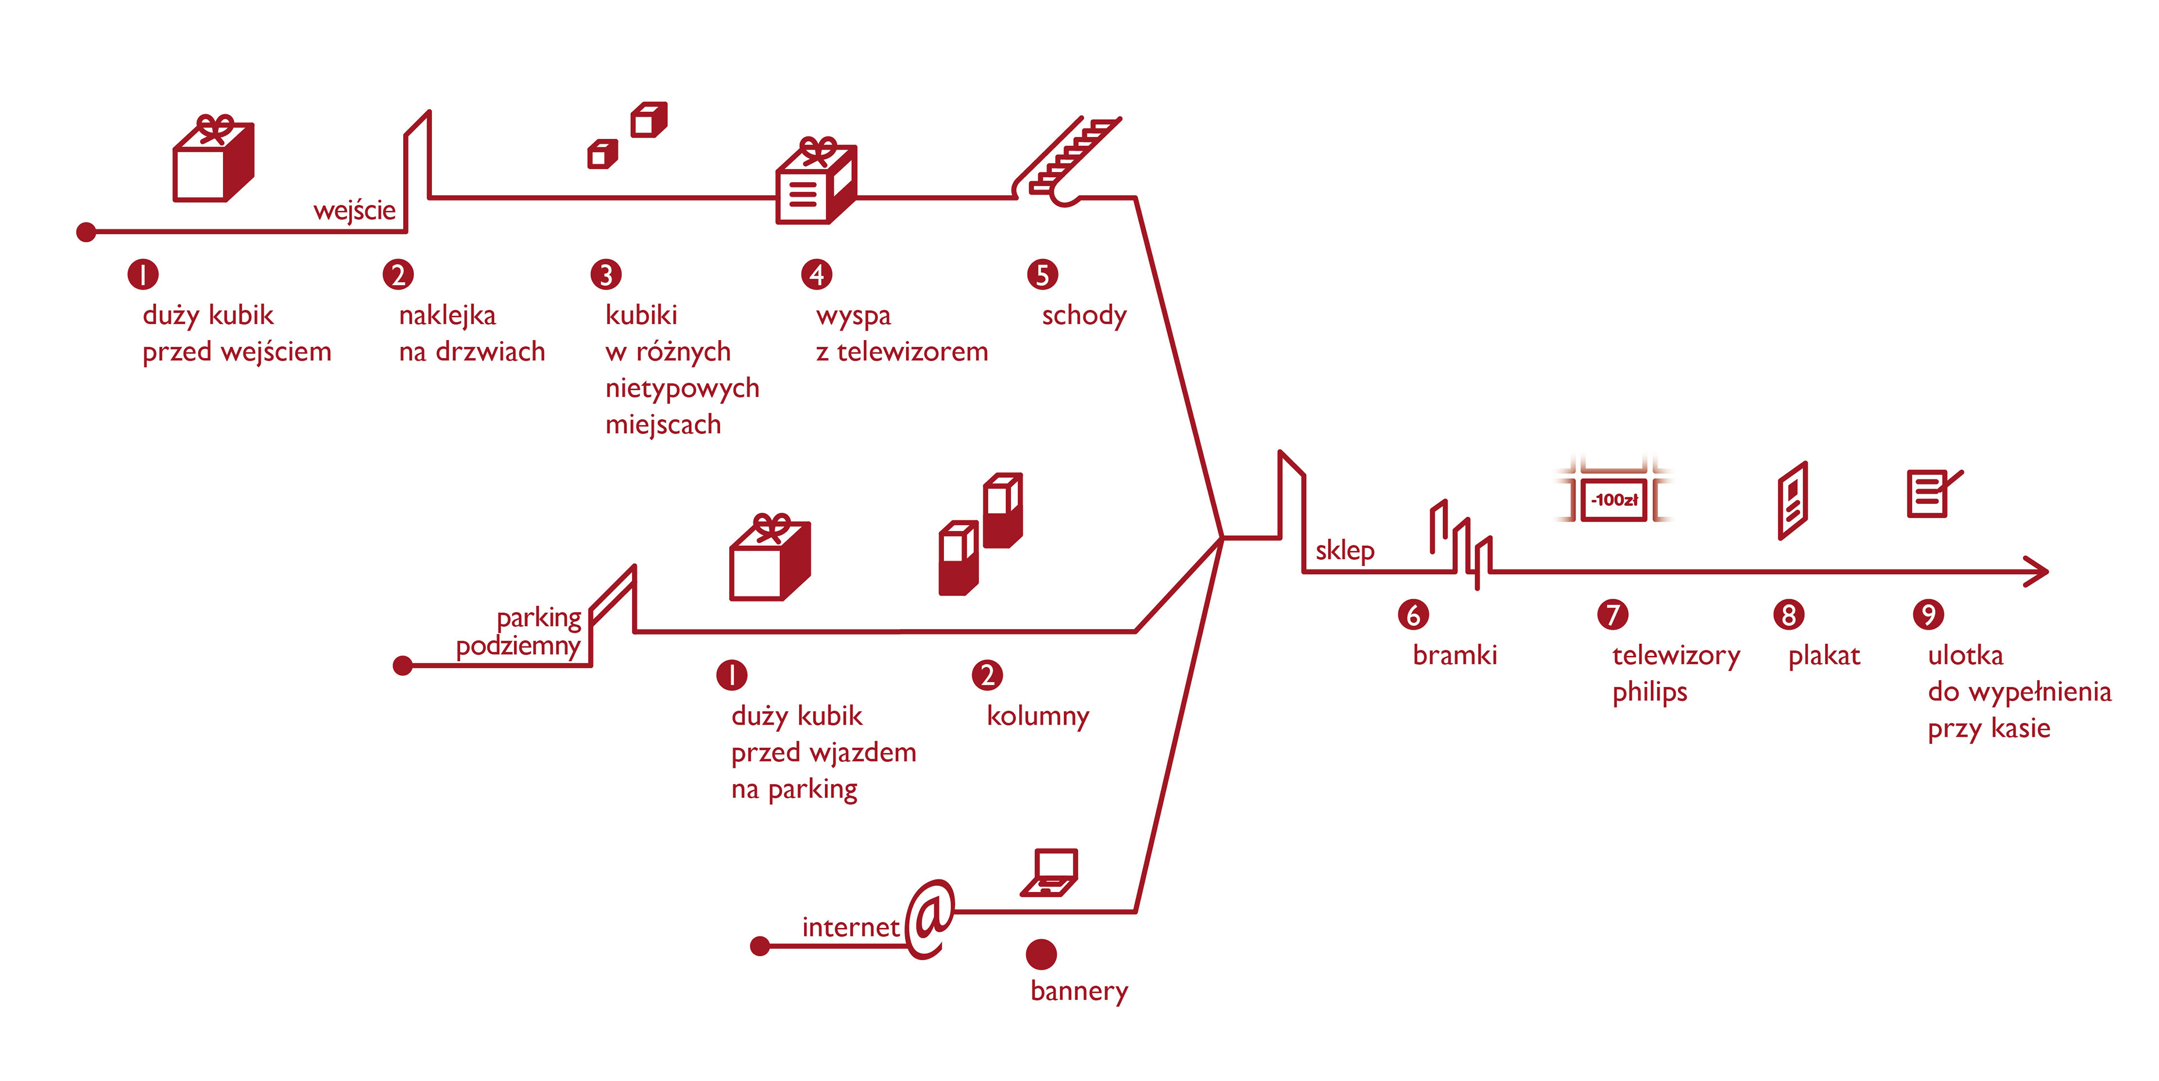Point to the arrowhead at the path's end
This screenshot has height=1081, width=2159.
pos(2038,572)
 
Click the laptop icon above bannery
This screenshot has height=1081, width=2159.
pos(1050,872)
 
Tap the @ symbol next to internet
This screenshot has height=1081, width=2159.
pos(931,919)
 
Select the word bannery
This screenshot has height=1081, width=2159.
pos(1079,991)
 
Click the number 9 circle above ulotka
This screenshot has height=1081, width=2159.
pos(1928,615)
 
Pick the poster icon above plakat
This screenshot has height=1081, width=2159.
pos(1793,500)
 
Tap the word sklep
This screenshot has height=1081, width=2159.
pos(1344,550)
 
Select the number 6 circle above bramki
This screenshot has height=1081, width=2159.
pos(1413,615)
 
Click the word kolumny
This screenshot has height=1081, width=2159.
pos(1037,717)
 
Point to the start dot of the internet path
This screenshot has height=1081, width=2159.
pos(760,947)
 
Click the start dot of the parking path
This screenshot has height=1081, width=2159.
pos(403,666)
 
